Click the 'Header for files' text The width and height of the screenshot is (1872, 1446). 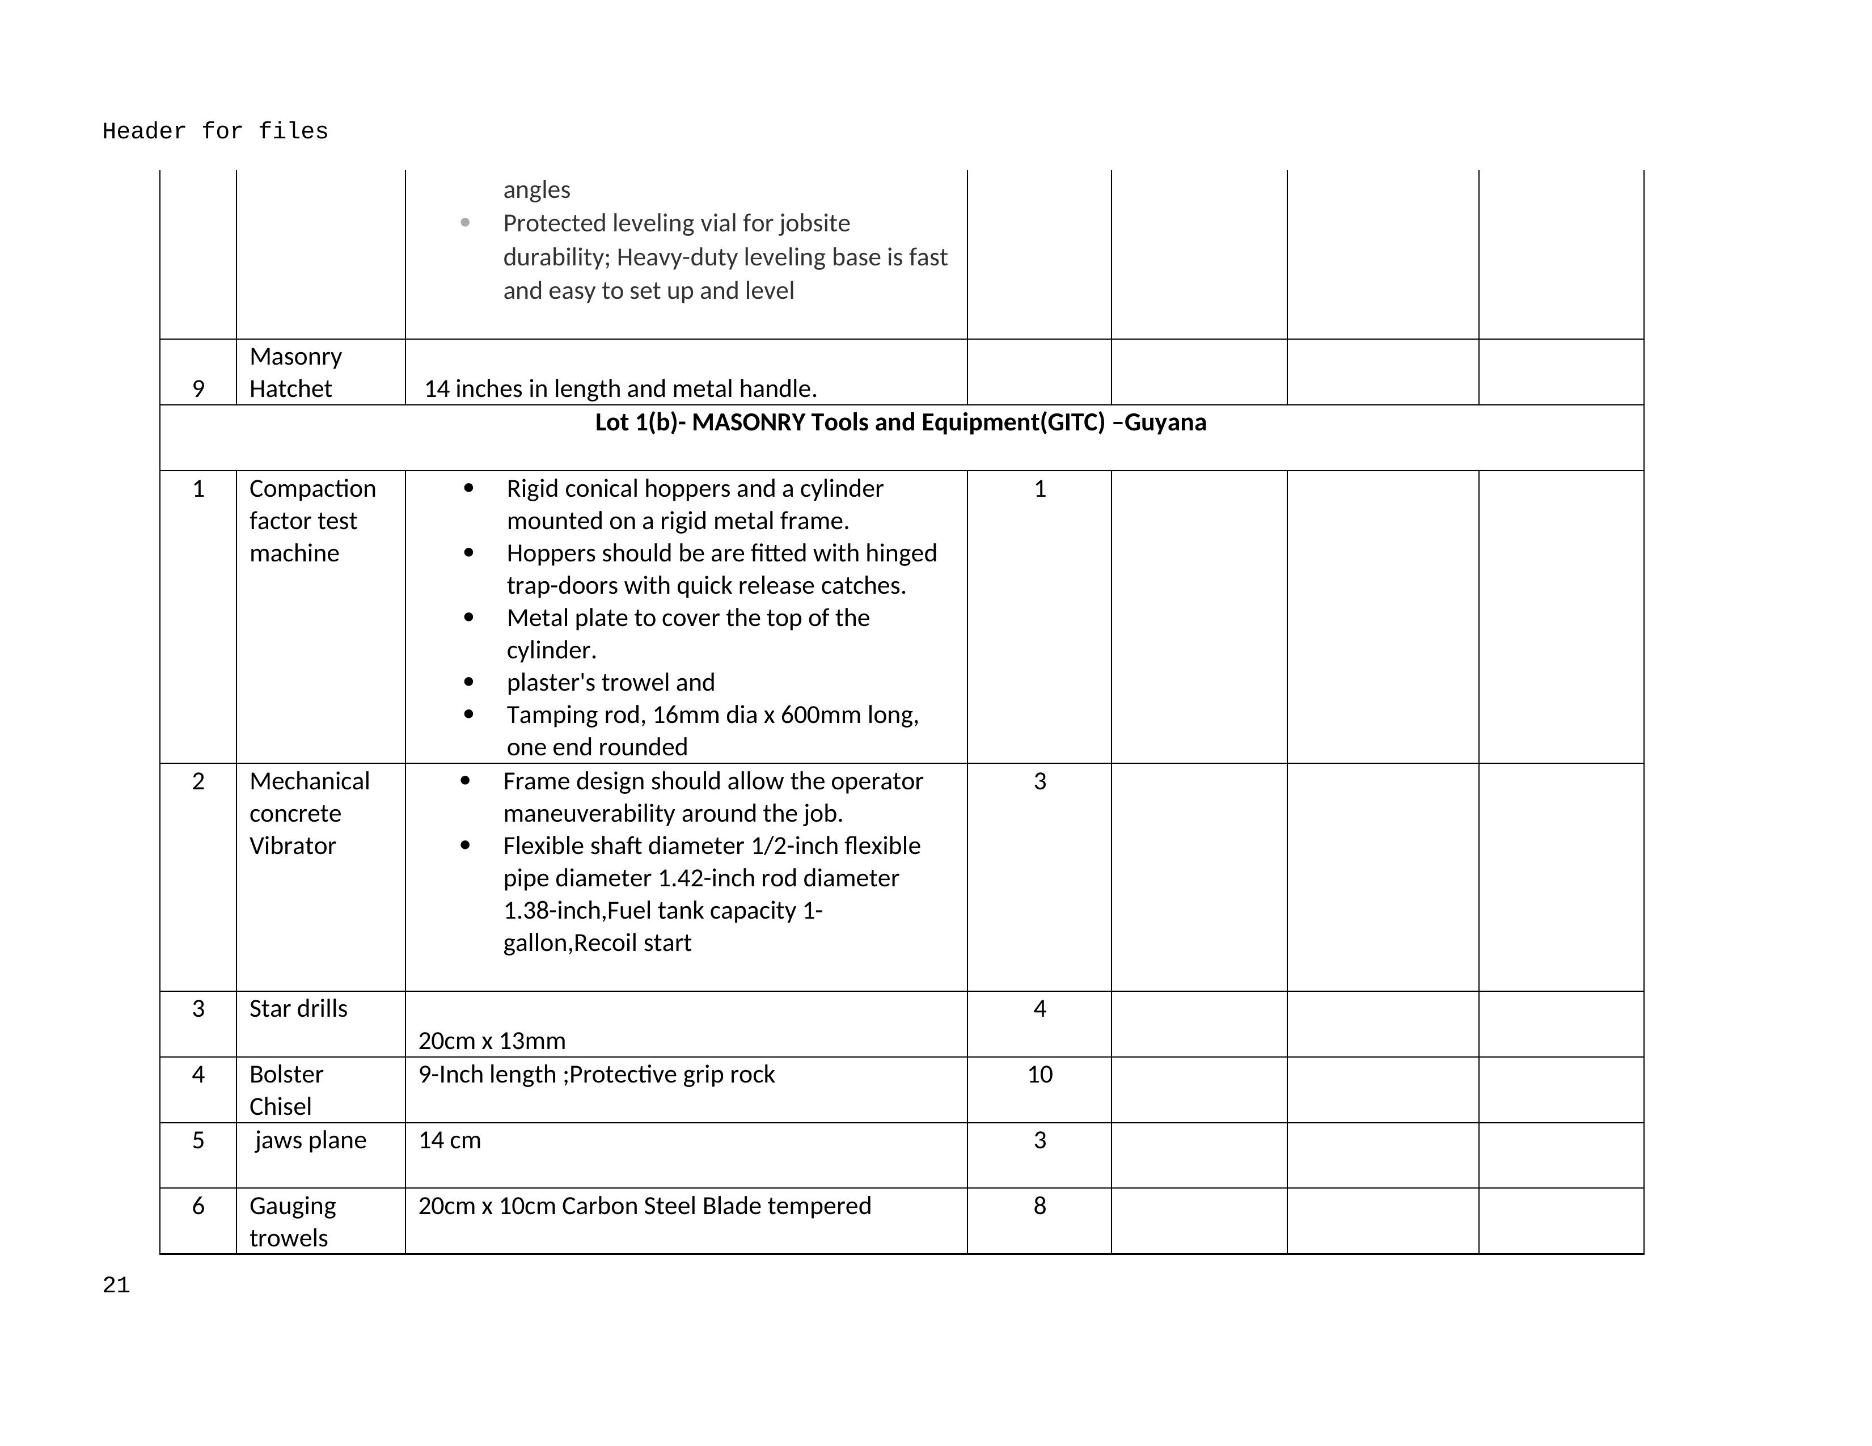(215, 131)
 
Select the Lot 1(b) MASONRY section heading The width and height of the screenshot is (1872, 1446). (900, 422)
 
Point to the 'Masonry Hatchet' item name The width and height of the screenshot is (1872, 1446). (295, 372)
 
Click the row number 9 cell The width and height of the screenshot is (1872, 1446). (198, 389)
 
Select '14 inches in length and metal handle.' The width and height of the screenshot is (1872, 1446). (620, 389)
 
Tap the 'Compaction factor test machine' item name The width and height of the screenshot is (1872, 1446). (312, 521)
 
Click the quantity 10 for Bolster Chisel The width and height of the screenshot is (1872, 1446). (1039, 1075)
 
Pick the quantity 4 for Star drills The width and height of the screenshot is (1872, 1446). (1039, 1009)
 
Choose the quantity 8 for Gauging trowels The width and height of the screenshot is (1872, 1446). (1039, 1206)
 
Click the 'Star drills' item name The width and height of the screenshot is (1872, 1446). (298, 1009)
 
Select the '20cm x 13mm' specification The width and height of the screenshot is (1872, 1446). (492, 1042)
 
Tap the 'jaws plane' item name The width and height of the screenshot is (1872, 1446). (310, 1141)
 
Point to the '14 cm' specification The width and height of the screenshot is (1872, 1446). (450, 1141)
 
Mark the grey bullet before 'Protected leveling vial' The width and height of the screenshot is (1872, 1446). (464, 223)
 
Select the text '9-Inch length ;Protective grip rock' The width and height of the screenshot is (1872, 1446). (597, 1075)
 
